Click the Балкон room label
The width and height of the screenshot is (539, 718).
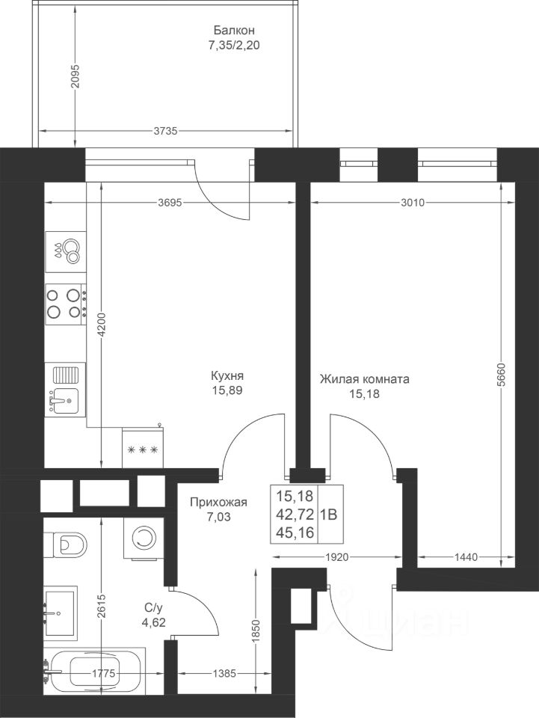[x=234, y=31]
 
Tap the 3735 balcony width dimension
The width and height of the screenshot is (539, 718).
[x=164, y=132]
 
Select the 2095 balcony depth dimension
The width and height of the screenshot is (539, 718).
[x=76, y=76]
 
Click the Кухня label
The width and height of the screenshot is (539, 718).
[x=227, y=376]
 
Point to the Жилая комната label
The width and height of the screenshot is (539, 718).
[x=364, y=379]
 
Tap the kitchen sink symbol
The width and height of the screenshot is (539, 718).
[x=66, y=390]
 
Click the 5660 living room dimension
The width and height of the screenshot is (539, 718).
[x=502, y=375]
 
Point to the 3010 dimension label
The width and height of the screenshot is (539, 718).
[x=413, y=202]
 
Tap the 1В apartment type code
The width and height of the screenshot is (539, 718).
[x=328, y=515]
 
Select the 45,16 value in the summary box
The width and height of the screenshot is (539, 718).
[x=295, y=533]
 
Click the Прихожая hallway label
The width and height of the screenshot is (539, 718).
[x=219, y=503]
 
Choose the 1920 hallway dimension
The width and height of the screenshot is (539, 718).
[x=337, y=557]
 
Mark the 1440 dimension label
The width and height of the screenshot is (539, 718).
[x=466, y=557]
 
